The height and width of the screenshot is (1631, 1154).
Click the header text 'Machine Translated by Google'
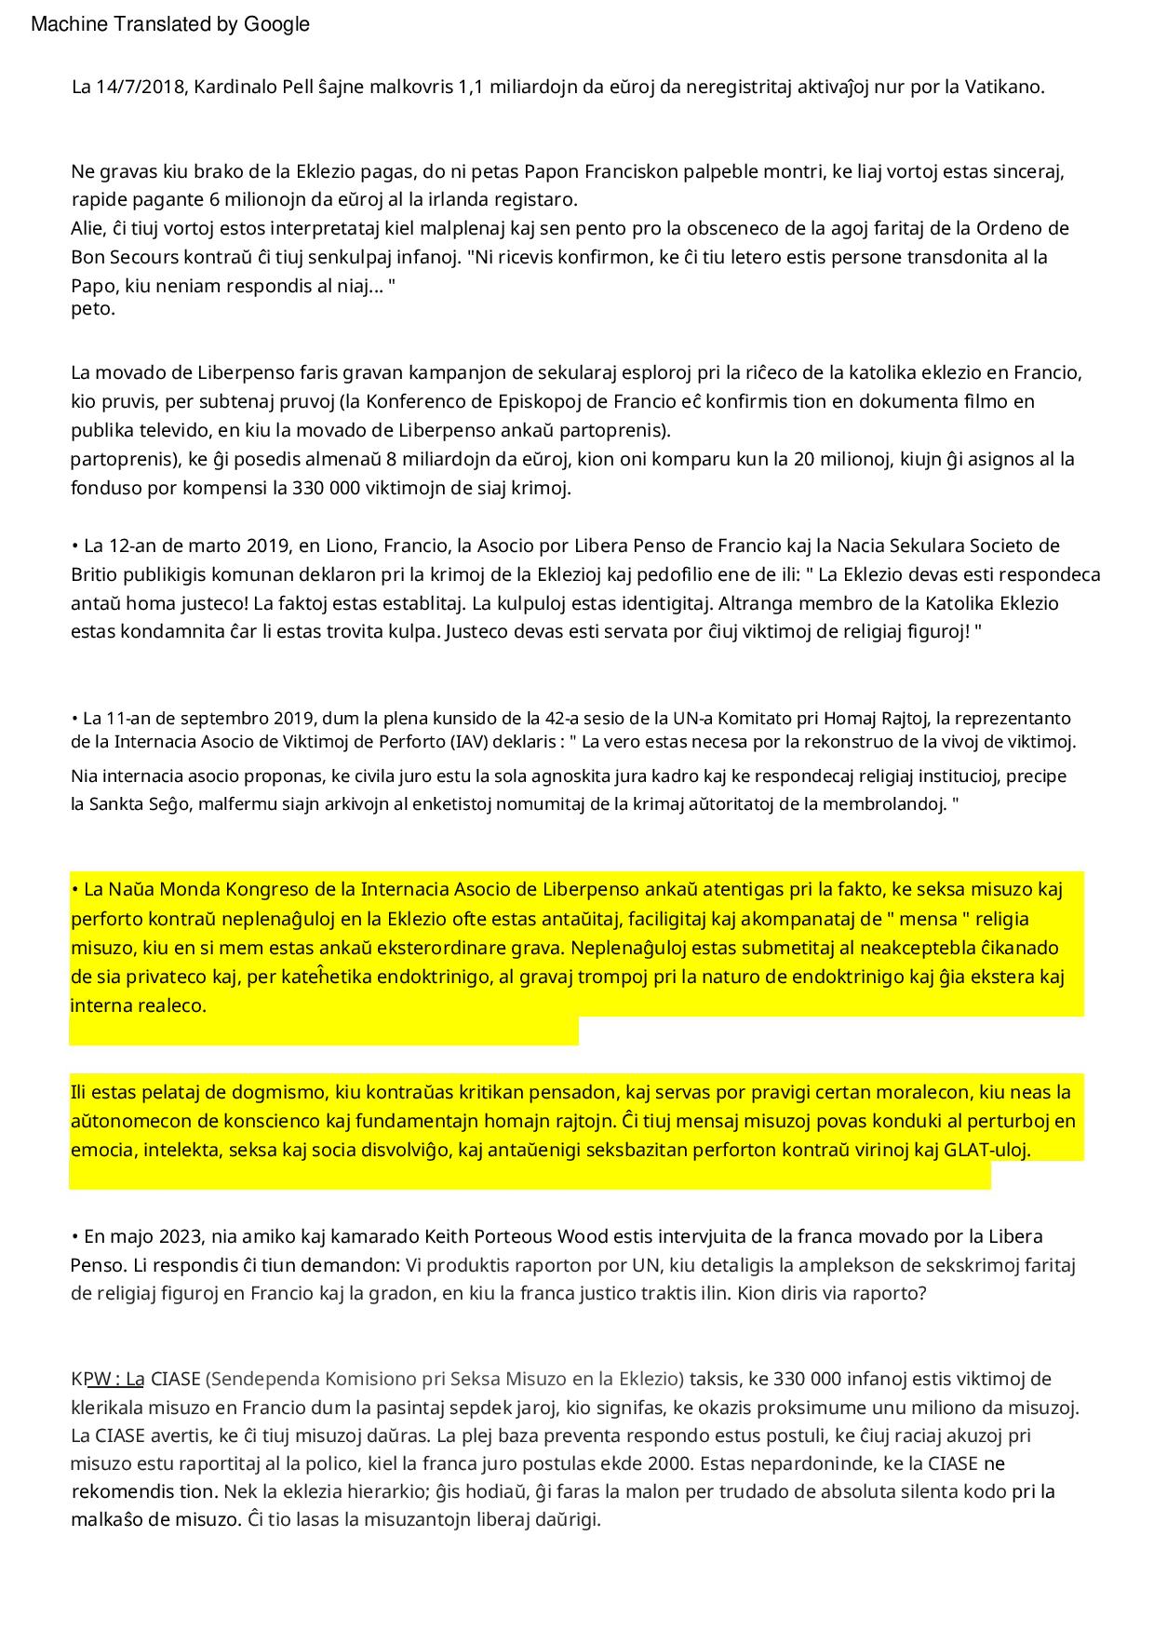(x=170, y=25)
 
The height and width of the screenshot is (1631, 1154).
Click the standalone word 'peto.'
(x=93, y=309)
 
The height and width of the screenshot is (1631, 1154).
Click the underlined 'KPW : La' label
(x=108, y=1379)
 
